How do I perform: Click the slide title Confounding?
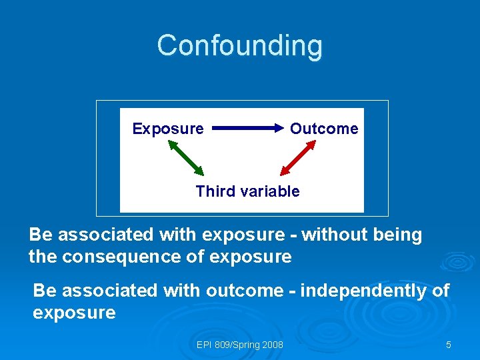(240, 46)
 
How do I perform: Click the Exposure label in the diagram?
(168, 129)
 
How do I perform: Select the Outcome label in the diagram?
(324, 129)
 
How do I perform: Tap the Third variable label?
(247, 191)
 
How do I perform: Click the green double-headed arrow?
(185, 157)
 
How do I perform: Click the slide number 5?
(449, 345)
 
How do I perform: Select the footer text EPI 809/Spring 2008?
(240, 345)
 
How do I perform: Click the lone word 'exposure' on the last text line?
(74, 313)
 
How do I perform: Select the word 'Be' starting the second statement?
(44, 291)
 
